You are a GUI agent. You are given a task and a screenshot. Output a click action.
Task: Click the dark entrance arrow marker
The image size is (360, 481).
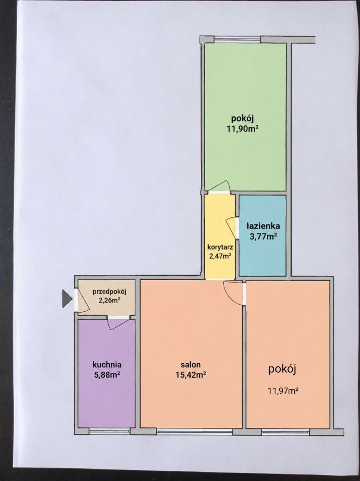pos(66,299)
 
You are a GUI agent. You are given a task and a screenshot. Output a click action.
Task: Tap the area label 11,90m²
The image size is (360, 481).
pos(242,129)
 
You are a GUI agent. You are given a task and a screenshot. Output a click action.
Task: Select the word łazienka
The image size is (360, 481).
pos(263,226)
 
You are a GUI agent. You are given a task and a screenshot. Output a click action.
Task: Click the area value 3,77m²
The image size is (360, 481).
pos(263,236)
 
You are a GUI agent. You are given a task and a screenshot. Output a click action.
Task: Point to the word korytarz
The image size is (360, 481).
pos(220,247)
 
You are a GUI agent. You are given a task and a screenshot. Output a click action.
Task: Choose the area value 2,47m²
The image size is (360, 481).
pos(220,256)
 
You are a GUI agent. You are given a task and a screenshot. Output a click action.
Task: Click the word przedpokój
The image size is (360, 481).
pos(110,292)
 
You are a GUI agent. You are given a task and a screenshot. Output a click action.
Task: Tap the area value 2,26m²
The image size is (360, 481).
pos(109,300)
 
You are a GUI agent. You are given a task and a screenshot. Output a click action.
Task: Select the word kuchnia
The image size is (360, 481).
pos(107,365)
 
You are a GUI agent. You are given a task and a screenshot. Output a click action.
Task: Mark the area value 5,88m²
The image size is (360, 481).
pos(107,374)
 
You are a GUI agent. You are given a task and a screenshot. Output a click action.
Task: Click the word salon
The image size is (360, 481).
pos(191,365)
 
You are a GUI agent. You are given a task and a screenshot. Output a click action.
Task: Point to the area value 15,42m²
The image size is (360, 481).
pos(191,375)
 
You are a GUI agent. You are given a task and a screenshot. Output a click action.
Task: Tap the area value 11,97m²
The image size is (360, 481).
pos(283,391)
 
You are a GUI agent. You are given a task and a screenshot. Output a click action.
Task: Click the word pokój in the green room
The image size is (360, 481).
pos(242,118)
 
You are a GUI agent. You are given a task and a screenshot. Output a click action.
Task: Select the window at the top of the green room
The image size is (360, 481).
pos(237,39)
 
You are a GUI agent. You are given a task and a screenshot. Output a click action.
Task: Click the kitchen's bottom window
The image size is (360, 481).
pos(109,431)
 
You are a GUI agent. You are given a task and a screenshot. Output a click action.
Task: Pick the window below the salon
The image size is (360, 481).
pos(195,431)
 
